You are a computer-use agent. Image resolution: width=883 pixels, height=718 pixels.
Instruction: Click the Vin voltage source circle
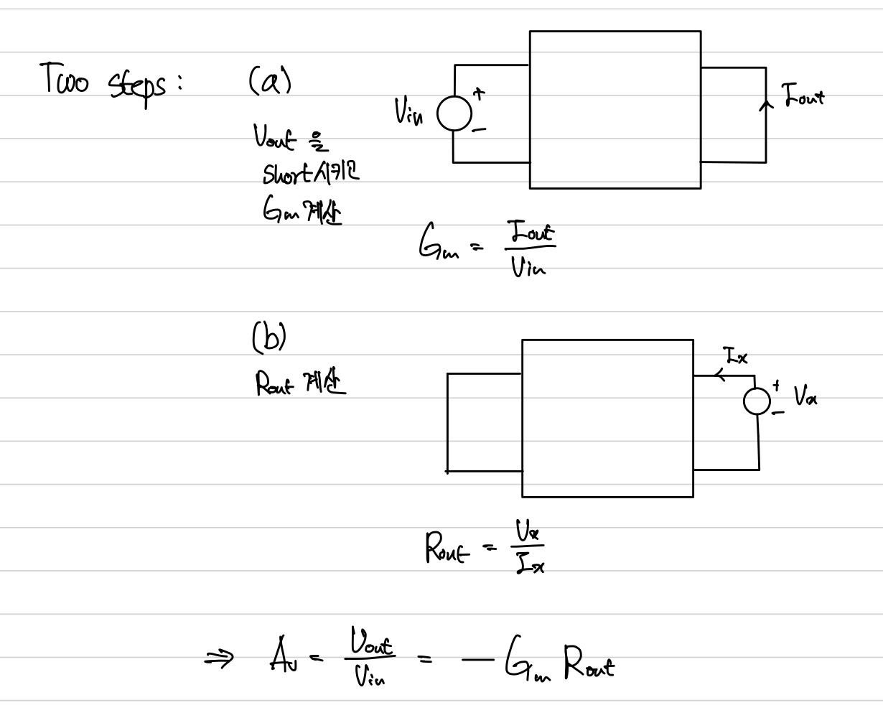[x=454, y=114]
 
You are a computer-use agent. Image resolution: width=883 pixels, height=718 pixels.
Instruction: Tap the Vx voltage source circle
[x=757, y=401]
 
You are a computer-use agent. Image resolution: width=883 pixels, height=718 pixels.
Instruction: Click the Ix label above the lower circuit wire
[x=735, y=355]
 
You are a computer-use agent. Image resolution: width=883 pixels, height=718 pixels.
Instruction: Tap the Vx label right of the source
[x=805, y=396]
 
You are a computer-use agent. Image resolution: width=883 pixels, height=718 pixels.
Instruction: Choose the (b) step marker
[x=268, y=337]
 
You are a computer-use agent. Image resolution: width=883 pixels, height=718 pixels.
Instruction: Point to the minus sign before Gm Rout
[x=478, y=657]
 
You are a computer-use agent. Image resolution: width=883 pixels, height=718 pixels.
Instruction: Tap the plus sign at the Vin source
[x=478, y=93]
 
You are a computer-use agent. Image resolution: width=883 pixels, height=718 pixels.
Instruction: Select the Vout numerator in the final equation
[x=372, y=641]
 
